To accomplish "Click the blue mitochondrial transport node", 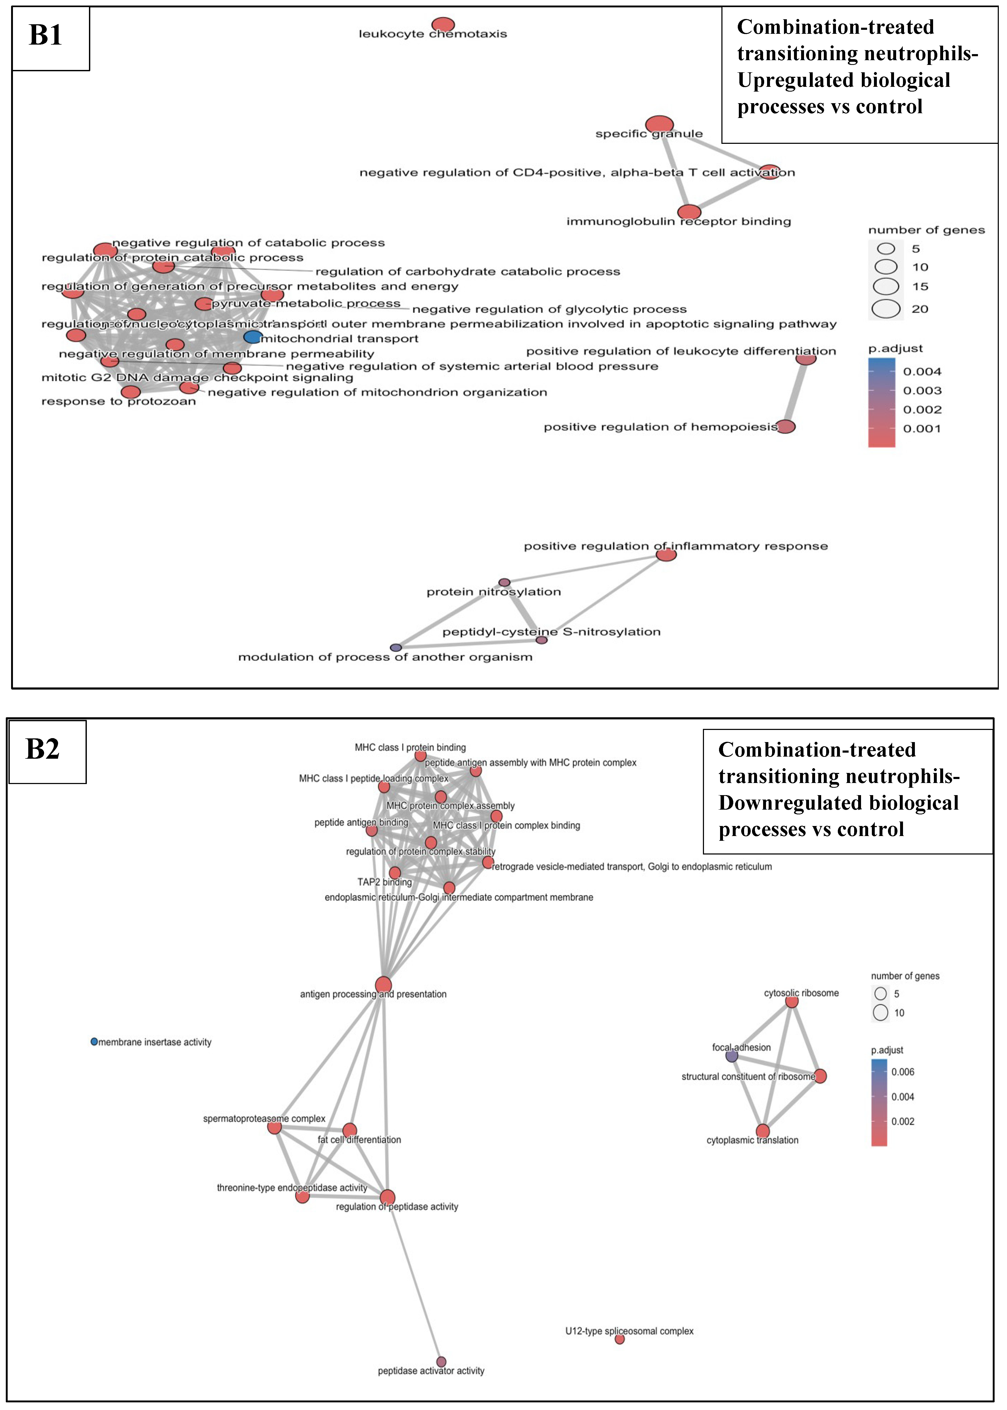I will tap(252, 337).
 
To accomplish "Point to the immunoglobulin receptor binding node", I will tap(689, 212).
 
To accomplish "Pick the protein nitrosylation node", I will tap(505, 583).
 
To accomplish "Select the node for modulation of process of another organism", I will tap(396, 648).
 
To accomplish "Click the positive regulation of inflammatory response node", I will tap(666, 555).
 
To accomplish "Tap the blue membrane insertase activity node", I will tap(94, 1042).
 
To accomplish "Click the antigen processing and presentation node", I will tap(383, 985).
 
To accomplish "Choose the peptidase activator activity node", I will tap(441, 1362).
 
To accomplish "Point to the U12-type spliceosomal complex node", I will tap(620, 1339).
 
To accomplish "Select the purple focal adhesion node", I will tap(732, 1056).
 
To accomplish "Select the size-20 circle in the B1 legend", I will tap(886, 309).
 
